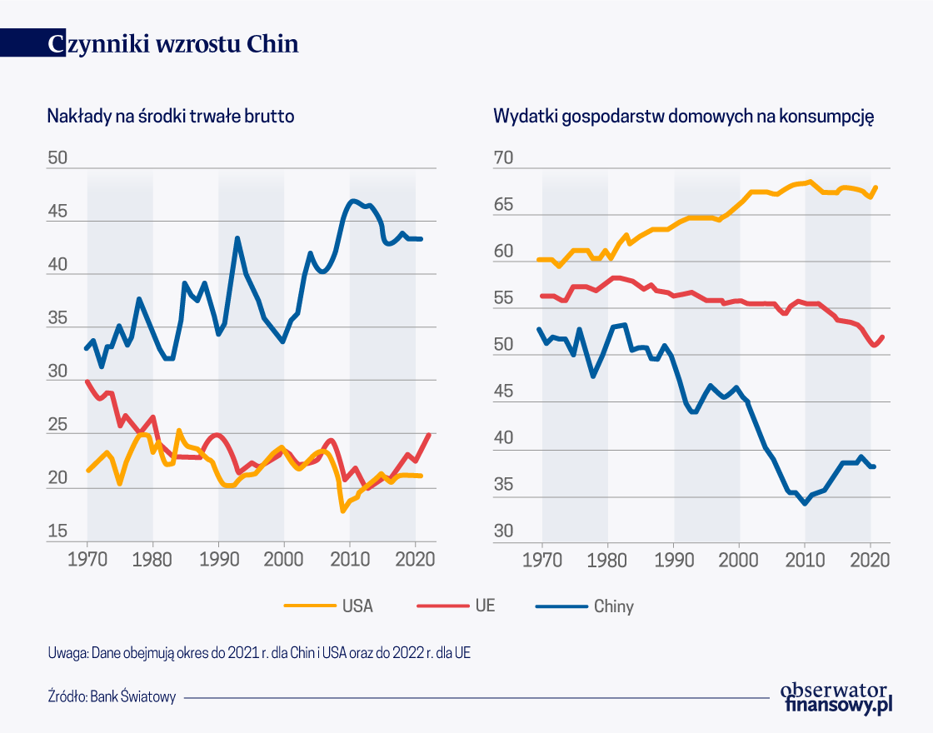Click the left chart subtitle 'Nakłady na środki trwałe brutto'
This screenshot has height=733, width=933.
pyautogui.click(x=171, y=117)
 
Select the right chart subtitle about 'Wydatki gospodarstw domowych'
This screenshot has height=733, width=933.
pyautogui.click(x=683, y=117)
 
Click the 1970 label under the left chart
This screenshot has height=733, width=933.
pyautogui.click(x=87, y=561)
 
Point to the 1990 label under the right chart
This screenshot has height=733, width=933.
pyautogui.click(x=674, y=561)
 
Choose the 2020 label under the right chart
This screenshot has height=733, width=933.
pyautogui.click(x=870, y=561)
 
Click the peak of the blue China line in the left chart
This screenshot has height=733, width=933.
pyautogui.click(x=353, y=201)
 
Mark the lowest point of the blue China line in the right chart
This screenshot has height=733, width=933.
pyautogui.click(x=805, y=504)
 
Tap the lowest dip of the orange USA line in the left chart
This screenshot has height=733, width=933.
pyautogui.click(x=342, y=511)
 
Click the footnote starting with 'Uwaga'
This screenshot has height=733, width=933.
pyautogui.click(x=259, y=653)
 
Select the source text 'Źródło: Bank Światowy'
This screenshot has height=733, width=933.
pyautogui.click(x=112, y=697)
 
